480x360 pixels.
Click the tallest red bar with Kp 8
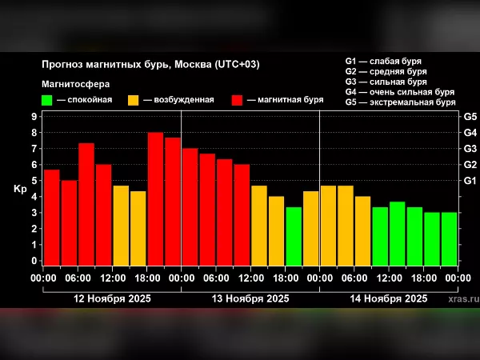pos(155,198)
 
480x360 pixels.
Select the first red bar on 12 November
pos(51,217)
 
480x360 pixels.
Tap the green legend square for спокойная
pos(47,100)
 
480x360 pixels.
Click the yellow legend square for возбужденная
pos(134,100)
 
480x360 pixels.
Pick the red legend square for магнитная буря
pos(238,100)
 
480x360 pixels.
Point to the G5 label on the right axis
pos(470,116)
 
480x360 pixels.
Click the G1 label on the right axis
pos(470,181)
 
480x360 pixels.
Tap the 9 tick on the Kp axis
pos(34,116)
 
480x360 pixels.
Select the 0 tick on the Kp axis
pos(34,261)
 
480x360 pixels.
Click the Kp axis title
pos(20,190)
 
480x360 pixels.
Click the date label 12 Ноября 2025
pos(111,298)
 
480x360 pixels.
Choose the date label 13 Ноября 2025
pos(250,298)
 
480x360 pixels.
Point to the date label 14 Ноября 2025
pos(389,298)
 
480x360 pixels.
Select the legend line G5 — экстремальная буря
pos(401,102)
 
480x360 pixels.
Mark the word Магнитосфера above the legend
pos(75,83)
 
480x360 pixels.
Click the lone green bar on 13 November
pos(294,236)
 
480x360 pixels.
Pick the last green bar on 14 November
pos(450,238)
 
